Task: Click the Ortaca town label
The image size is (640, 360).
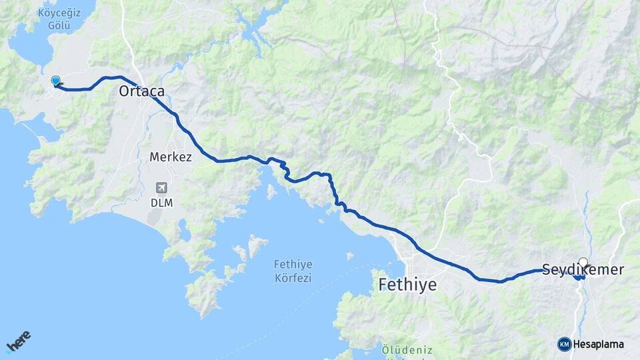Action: (x=141, y=91)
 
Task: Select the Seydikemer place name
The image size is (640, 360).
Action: (x=583, y=270)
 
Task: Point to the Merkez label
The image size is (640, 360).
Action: (x=171, y=157)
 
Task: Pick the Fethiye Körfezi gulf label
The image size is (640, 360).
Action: (x=293, y=270)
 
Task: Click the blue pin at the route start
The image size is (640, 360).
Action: (x=55, y=81)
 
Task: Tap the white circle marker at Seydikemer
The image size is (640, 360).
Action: (x=583, y=263)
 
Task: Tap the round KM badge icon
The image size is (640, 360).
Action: (x=564, y=344)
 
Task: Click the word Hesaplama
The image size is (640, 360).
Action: (x=599, y=345)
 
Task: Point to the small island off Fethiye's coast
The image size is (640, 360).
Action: (x=349, y=255)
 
